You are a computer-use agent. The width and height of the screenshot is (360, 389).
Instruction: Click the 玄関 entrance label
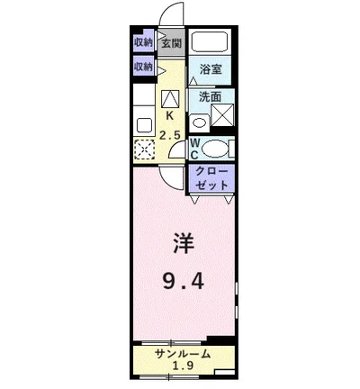(x=171, y=43)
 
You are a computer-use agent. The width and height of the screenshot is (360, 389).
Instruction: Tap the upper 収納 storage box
(x=143, y=42)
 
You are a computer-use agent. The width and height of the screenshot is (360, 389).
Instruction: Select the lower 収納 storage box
(x=143, y=67)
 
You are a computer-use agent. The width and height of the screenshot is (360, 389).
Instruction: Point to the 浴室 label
(x=211, y=69)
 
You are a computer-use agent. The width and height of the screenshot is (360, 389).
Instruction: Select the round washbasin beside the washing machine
(x=200, y=122)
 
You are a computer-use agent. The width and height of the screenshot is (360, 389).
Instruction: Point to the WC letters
(x=194, y=148)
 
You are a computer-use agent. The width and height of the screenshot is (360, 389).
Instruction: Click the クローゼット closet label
(x=211, y=176)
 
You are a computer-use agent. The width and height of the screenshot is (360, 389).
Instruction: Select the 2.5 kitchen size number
(x=169, y=135)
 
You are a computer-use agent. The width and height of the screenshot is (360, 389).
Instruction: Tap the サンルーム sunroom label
(x=183, y=353)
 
